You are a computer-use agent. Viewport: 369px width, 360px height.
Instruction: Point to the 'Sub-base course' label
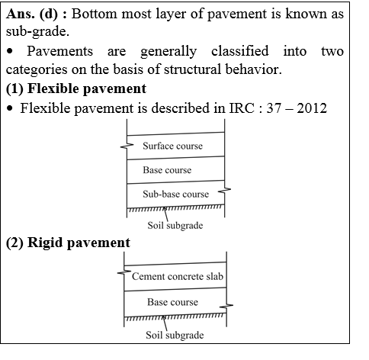click(175, 194)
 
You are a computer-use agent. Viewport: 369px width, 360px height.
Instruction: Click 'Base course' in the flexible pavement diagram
click(167, 169)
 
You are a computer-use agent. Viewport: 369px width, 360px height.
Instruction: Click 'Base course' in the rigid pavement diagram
click(172, 302)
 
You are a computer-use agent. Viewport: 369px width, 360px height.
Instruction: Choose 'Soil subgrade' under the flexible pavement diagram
click(175, 226)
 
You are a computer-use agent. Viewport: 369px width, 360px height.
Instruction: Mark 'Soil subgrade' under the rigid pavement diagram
click(175, 335)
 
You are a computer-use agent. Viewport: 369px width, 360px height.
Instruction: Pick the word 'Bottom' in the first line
click(100, 14)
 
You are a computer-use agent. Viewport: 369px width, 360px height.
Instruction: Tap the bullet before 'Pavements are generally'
click(10, 52)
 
